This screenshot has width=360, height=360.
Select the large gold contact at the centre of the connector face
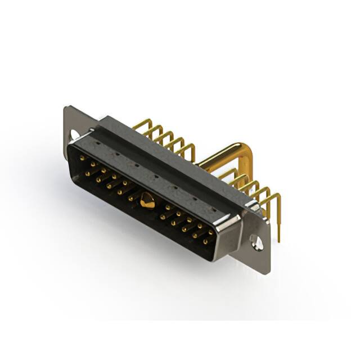[148, 200]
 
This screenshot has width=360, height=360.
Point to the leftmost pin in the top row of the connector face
[82, 159]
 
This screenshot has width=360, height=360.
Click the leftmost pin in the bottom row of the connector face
[87, 174]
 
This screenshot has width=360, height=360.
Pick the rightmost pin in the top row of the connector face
[211, 232]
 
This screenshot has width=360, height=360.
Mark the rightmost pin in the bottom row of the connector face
[205, 242]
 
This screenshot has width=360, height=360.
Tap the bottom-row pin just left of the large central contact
[130, 197]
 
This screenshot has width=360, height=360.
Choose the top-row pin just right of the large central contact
[167, 207]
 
